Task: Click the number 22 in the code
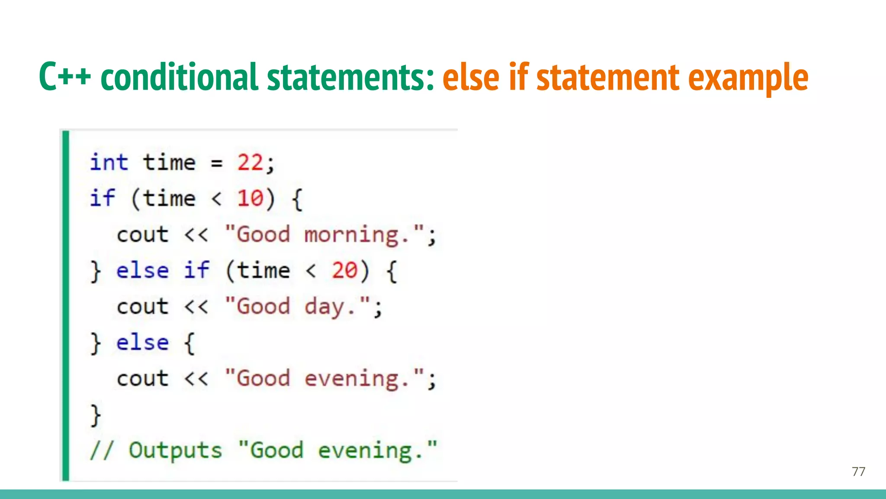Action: coord(250,163)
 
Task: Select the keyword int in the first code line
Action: coord(109,163)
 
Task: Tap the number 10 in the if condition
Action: coord(250,199)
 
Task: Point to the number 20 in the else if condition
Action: coord(344,271)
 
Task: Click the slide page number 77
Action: coord(858,471)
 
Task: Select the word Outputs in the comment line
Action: coord(175,450)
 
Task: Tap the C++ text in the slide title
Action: coord(65,77)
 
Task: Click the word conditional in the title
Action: coord(179,77)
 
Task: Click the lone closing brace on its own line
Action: coord(95,415)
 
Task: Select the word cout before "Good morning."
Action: coord(143,235)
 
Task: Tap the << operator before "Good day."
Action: coord(196,307)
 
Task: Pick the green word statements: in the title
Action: coord(350,77)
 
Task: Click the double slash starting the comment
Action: coord(102,450)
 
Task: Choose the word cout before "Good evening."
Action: coord(143,379)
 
